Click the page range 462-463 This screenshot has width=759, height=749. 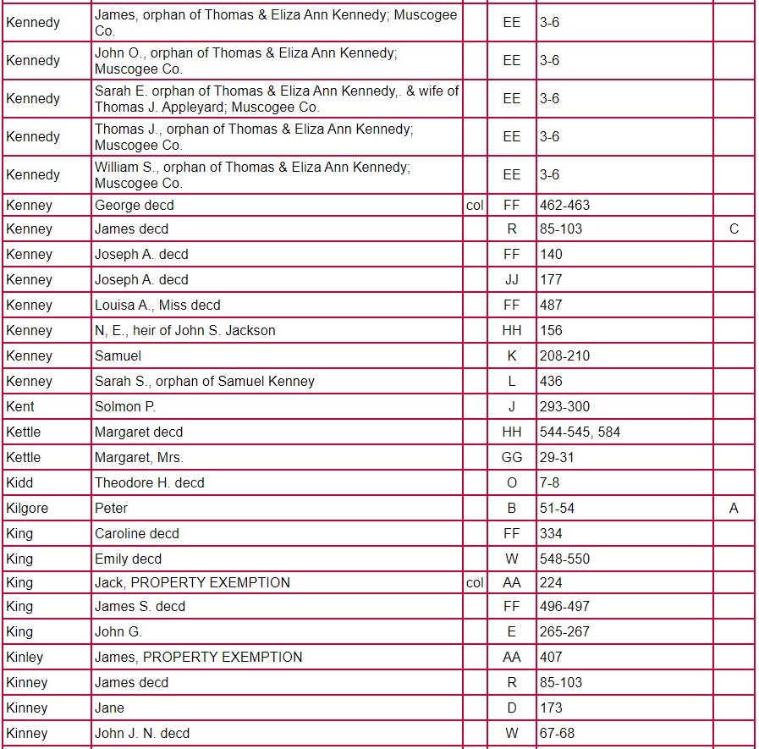coord(564,205)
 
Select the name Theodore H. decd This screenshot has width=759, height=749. coord(149,482)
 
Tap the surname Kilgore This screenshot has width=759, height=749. coord(27,508)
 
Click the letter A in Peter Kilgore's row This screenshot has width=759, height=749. coord(733,508)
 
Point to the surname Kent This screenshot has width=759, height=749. coord(20,406)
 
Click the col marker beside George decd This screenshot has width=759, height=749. coord(475,205)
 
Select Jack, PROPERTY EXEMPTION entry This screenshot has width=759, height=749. coord(192,582)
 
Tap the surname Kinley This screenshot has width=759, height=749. coord(25,657)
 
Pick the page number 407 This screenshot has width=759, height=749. coord(551,657)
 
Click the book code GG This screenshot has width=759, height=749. coord(512,457)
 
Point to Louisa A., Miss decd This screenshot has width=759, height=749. coord(157,305)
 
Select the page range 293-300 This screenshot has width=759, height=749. coord(564,406)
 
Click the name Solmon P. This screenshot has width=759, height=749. coord(124,406)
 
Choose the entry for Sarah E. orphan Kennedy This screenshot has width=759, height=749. coord(277,98)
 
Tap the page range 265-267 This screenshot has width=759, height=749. coord(564,631)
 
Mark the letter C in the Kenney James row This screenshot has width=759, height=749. coord(733,229)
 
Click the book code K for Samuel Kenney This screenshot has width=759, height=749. coord(512,355)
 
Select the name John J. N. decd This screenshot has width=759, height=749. coord(142,733)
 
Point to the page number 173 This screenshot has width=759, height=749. coord(551,708)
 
